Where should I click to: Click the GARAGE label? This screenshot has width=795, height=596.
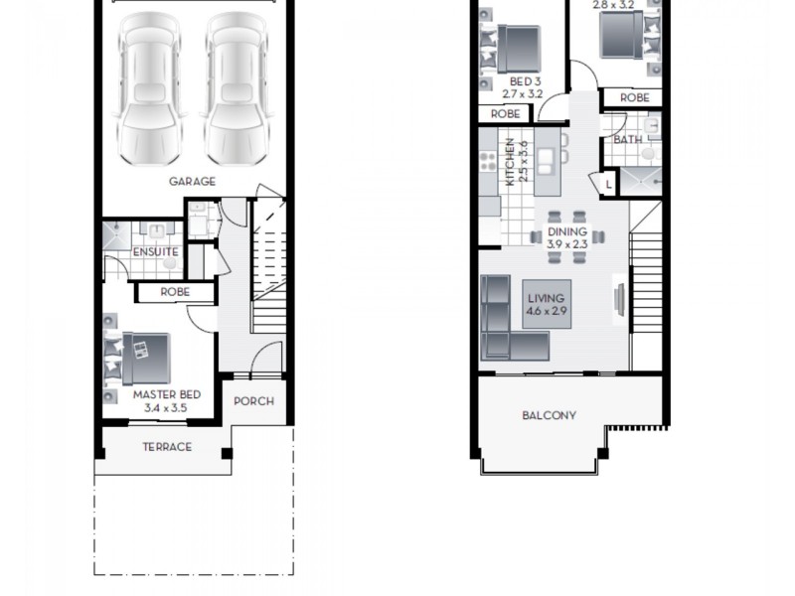coord(192,182)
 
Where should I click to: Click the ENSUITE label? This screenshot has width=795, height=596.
coord(155,252)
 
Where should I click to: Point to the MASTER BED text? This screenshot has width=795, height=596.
coord(166,394)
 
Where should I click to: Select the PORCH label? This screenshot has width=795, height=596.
coord(253,401)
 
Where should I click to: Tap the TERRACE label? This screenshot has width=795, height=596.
coord(167,447)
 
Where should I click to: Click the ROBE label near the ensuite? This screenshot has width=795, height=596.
coord(175,293)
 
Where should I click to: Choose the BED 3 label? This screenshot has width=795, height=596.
coord(526,81)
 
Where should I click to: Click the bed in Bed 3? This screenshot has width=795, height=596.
coord(517,48)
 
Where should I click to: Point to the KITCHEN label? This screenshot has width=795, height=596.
coord(511,162)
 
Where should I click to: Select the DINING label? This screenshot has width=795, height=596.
coord(567,231)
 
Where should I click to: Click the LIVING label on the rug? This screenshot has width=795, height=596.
coord(546,298)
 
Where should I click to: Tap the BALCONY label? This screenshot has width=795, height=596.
coord(549,415)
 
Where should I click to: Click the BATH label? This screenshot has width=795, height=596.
coord(627,140)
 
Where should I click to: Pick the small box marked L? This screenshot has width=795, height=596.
coord(608,183)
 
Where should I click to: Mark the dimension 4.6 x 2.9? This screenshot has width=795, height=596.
coord(546,311)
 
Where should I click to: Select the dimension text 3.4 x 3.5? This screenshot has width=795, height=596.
coord(166,407)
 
